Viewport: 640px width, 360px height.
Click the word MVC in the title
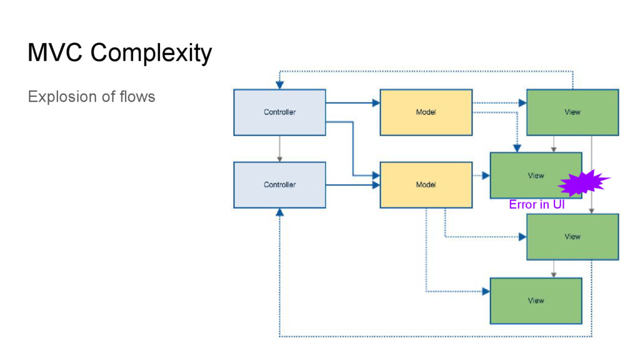tap(55, 52)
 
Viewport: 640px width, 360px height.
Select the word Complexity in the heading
tap(151, 54)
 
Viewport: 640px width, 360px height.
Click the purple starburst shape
tap(583, 182)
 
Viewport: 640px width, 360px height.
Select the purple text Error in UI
tap(537, 204)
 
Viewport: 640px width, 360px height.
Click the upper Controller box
tap(279, 112)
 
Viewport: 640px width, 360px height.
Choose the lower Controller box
tap(279, 185)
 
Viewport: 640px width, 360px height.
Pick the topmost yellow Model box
tap(426, 112)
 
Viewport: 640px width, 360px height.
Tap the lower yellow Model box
tap(426, 185)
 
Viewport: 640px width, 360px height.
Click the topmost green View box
tap(572, 112)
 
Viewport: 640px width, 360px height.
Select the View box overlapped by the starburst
tap(536, 176)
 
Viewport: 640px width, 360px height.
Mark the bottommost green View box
tap(536, 301)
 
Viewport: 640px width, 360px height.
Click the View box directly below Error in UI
tap(572, 237)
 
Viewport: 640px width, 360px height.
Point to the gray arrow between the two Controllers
tap(279, 149)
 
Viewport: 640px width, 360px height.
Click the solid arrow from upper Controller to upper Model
tap(353, 103)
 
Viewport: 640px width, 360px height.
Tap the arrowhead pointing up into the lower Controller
tap(279, 212)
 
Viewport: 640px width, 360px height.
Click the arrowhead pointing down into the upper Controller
tap(279, 85)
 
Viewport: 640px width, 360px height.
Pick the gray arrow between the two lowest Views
tap(554, 269)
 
